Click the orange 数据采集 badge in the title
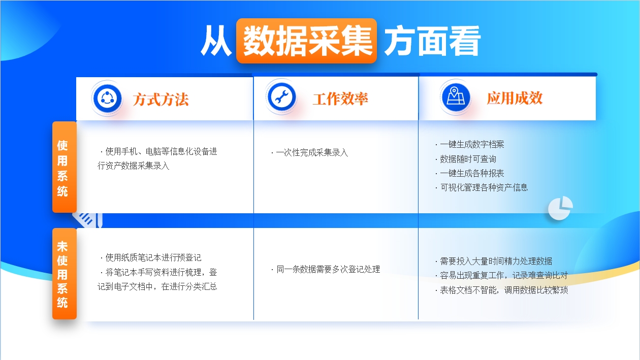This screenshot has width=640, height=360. click(x=307, y=41)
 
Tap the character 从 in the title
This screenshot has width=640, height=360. click(x=216, y=41)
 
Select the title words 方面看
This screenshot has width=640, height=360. click(x=433, y=41)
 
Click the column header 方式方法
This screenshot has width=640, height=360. click(x=161, y=99)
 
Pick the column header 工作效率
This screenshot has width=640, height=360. click(x=340, y=99)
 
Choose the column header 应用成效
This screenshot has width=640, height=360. click(x=515, y=98)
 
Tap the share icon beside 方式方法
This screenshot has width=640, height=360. click(x=107, y=99)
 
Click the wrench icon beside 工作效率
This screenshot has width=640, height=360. click(x=281, y=97)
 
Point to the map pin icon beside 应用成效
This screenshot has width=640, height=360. click(x=456, y=97)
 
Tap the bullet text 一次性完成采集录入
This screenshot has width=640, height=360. click(x=310, y=152)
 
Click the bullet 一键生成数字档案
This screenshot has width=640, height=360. click(x=470, y=144)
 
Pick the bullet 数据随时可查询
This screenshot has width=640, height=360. click(x=466, y=159)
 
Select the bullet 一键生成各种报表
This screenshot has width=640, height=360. click(x=470, y=173)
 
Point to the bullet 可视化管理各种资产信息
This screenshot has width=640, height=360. click(x=482, y=187)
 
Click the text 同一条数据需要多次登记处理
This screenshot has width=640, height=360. click(x=326, y=269)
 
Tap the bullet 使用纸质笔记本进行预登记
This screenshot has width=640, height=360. click(x=151, y=257)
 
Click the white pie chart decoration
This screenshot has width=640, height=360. click(x=560, y=208)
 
